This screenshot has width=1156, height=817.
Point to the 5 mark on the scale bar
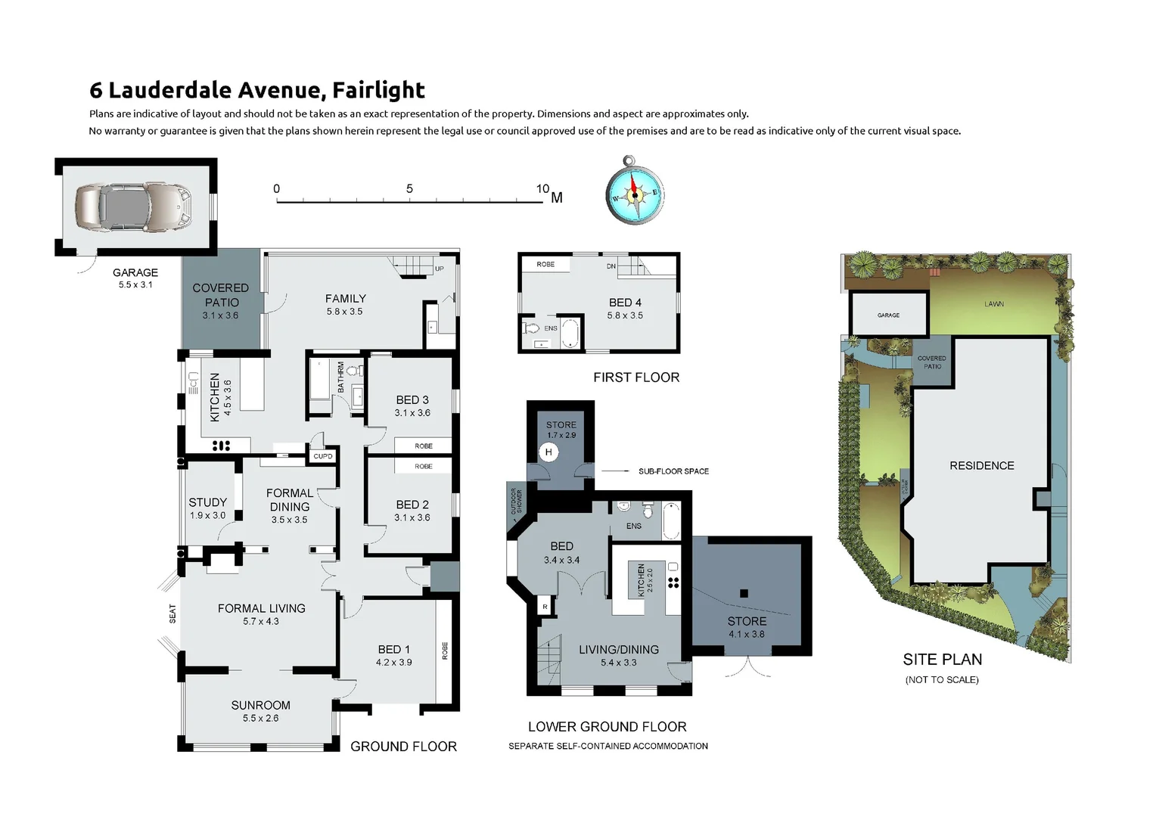409,189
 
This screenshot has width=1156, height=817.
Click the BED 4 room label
625,303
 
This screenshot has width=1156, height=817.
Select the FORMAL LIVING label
261,608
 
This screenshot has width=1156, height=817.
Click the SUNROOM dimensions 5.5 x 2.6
260,718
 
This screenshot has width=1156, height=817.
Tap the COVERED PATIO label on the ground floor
220,294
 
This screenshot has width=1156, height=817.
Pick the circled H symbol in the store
549,452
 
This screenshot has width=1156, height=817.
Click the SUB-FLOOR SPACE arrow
616,471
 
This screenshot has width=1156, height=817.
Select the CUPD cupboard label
323,456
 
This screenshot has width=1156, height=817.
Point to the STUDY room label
207,502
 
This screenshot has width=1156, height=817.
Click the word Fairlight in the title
378,90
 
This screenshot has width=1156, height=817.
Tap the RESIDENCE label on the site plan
981,466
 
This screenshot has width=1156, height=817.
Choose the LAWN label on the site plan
993,304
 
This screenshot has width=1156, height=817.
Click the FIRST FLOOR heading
635,377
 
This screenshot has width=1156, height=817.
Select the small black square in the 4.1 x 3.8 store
744,594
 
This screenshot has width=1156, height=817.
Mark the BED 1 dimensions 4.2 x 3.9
393,662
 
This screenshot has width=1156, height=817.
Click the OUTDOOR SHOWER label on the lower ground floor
516,502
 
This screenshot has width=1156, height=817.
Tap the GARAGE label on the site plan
888,315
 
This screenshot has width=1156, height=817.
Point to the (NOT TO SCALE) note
941,680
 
